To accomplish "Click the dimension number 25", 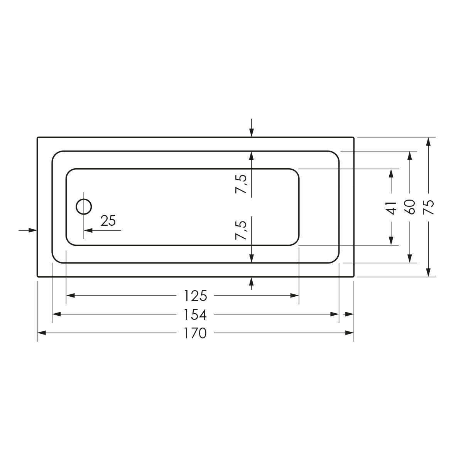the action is [108, 220].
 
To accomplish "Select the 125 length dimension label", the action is [195, 296].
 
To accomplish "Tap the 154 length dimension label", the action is [195, 315].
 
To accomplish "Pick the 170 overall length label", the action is [195, 333].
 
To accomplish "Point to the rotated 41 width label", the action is [391, 208].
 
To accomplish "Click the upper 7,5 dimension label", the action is [242, 184].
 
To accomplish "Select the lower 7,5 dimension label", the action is [242, 230].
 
